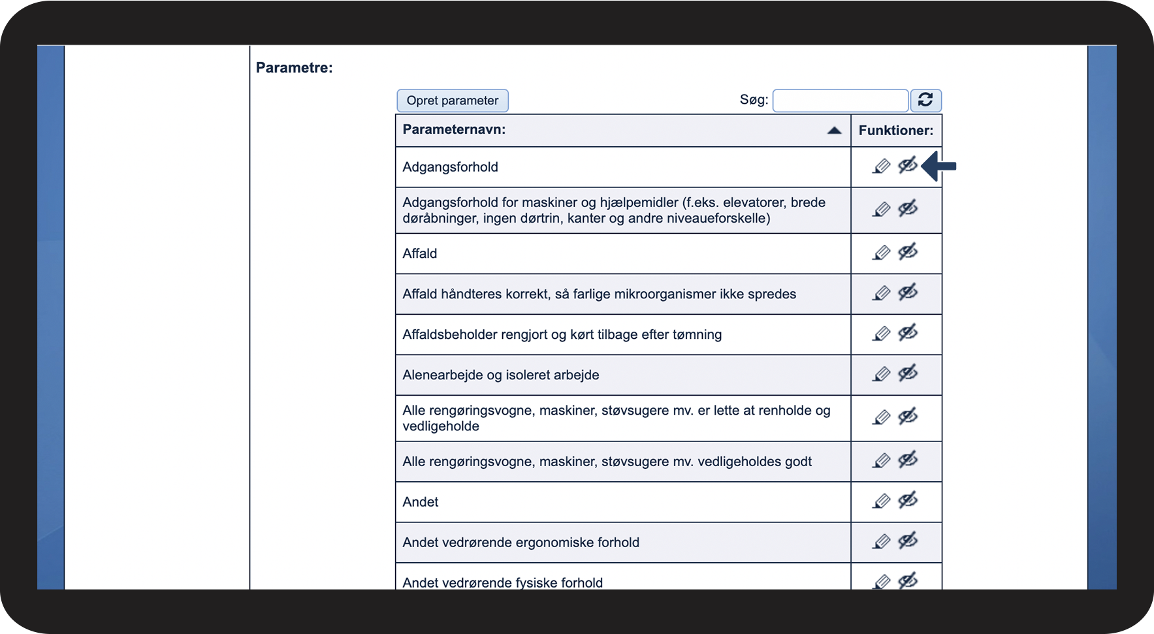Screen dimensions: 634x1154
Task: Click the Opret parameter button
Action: coord(452,101)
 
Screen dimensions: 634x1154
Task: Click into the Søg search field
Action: coord(840,101)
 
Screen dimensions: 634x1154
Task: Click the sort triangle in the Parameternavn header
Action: coord(834,131)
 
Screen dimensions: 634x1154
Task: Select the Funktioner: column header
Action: coord(895,131)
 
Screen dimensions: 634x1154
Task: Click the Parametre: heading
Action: coord(294,68)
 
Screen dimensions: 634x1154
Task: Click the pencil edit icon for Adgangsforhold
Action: coord(881,166)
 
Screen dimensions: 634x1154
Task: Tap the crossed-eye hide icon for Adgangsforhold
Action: coord(908,166)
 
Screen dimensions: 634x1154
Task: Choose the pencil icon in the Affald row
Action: coord(881,253)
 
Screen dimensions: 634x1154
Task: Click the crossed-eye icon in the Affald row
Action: coord(908,252)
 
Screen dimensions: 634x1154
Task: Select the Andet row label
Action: coord(421,502)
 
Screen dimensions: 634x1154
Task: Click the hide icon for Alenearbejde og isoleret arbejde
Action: coord(908,373)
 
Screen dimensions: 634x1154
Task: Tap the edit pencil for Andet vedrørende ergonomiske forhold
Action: coord(881,541)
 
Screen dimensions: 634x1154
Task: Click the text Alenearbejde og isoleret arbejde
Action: coord(500,375)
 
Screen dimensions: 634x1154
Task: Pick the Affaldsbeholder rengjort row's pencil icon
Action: coord(881,334)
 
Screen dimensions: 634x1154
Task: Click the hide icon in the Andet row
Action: coord(908,501)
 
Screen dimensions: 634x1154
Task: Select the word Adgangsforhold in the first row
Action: coord(450,167)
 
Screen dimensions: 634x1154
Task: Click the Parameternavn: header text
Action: coord(454,129)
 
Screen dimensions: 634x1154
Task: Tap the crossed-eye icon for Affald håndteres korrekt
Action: coord(908,293)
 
